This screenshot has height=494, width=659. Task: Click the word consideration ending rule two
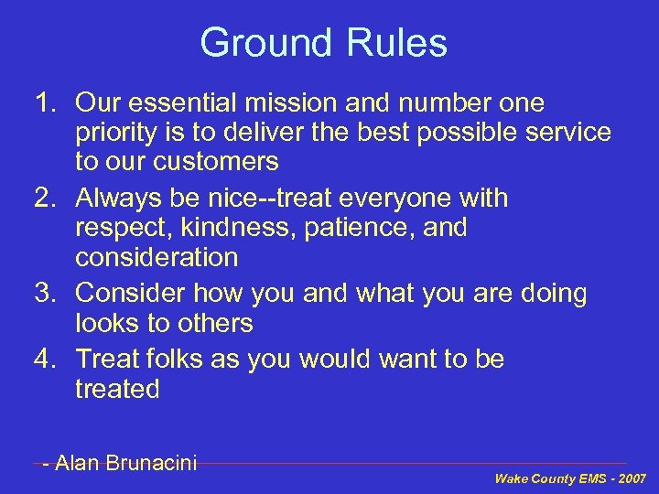pyautogui.click(x=157, y=257)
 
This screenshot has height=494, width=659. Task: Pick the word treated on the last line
pyautogui.click(x=117, y=389)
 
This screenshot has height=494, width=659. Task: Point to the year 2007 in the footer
pyautogui.click(x=632, y=478)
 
